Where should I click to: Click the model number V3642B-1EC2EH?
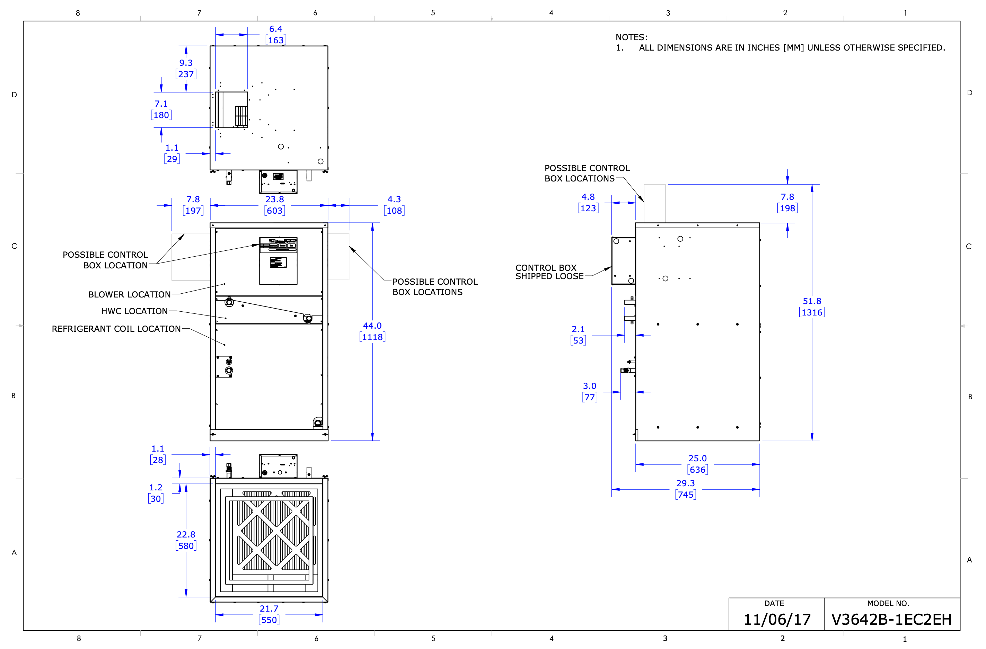click(x=891, y=619)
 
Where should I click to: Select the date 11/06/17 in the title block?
click(x=777, y=620)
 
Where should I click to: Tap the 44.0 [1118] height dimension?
click(x=372, y=331)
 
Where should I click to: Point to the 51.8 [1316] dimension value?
click(x=812, y=307)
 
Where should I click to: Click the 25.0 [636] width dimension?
click(x=697, y=464)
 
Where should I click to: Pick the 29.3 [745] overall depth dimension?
click(x=685, y=489)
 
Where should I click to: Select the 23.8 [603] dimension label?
click(x=274, y=205)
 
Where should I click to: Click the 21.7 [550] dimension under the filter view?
click(x=269, y=614)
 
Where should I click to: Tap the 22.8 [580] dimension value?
click(x=186, y=540)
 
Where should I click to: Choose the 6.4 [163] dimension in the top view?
click(x=275, y=34)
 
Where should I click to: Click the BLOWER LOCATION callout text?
click(x=129, y=294)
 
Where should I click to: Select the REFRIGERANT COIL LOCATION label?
click(x=116, y=329)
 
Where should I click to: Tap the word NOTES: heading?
click(x=631, y=37)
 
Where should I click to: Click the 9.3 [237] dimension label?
click(x=186, y=68)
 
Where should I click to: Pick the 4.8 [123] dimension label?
click(x=588, y=203)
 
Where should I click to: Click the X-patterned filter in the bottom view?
click(x=274, y=535)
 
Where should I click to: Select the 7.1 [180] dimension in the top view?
click(x=161, y=109)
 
